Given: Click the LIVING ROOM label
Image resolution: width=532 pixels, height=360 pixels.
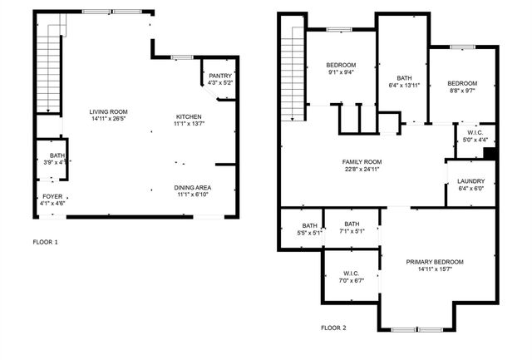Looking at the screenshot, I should click(108, 111).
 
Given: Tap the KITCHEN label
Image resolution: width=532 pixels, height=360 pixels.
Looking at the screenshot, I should click(188, 116).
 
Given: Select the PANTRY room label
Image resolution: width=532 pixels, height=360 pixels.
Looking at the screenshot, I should click(220, 76).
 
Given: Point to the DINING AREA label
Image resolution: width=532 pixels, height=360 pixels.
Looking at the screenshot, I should click(192, 187).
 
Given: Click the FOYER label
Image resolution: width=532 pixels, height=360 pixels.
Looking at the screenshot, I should click(52, 196).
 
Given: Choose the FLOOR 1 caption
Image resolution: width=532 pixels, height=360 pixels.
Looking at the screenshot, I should click(46, 242).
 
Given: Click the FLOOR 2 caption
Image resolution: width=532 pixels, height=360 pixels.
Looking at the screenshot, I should click(334, 328).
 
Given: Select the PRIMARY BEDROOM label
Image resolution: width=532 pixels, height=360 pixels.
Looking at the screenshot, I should click(435, 262).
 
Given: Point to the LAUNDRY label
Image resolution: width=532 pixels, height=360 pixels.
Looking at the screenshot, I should click(470, 181).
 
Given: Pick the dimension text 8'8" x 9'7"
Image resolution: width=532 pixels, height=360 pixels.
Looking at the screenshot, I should click(462, 91).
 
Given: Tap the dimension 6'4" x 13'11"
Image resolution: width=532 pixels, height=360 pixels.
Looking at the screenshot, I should click(404, 86).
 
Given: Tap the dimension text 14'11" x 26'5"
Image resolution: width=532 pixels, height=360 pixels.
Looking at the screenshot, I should click(108, 118).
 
